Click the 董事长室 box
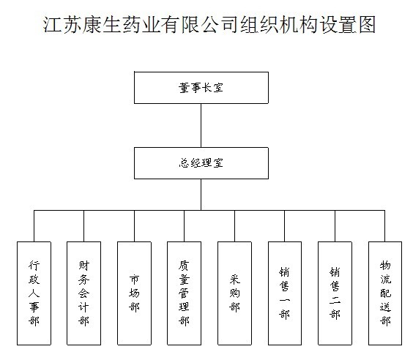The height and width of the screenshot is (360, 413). [x=201, y=88]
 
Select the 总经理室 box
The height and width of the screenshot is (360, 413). [x=201, y=163]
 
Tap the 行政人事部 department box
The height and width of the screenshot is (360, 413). [x=34, y=293]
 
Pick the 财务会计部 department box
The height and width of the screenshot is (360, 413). [x=83, y=293]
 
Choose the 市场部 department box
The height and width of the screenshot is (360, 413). [x=134, y=293]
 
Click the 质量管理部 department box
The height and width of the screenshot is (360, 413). [x=184, y=293]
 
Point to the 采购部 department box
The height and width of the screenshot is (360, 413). [x=234, y=293]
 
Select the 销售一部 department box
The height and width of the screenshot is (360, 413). [x=285, y=293]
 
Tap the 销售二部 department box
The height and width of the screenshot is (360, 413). [x=335, y=293]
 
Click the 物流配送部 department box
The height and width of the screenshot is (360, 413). [x=385, y=293]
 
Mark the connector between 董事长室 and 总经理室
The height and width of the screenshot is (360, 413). [x=201, y=125]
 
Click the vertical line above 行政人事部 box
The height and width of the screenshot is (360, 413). [x=34, y=226]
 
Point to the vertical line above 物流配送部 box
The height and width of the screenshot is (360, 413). [x=385, y=226]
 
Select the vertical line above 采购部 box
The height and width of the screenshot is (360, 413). [x=234, y=226]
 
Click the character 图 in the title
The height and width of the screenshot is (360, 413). [x=368, y=24]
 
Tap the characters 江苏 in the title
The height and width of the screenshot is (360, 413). [x=62, y=24]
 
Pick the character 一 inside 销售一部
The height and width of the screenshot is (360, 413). [x=285, y=300]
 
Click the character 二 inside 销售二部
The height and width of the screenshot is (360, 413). [x=335, y=300]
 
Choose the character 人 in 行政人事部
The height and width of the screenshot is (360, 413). [x=34, y=293]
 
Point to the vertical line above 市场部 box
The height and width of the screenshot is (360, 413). [x=134, y=226]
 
